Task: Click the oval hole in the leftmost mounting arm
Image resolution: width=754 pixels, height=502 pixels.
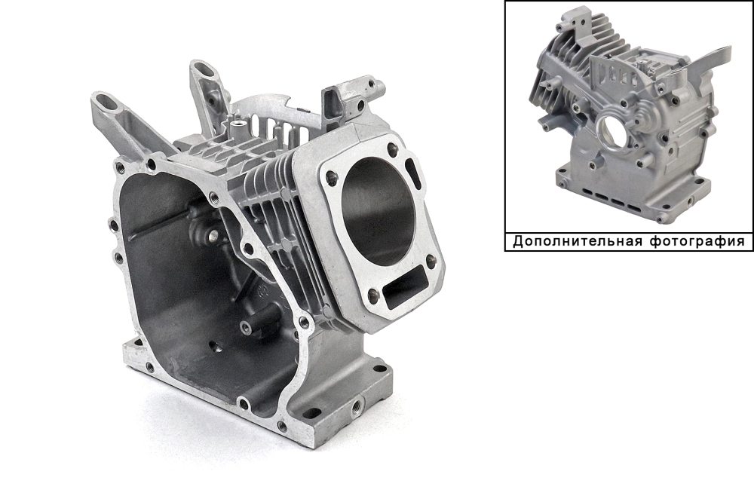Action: click(x=104, y=102)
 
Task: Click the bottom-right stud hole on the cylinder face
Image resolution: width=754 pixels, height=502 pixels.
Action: click(x=431, y=264)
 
